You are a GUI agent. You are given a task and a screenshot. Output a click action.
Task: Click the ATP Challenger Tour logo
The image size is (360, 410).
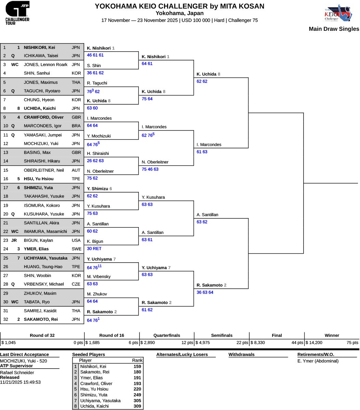click(17, 13)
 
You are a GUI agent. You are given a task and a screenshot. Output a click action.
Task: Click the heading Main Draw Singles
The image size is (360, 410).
click(334, 29)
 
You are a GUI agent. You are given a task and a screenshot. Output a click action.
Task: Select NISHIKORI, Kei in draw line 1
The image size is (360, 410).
click(39, 47)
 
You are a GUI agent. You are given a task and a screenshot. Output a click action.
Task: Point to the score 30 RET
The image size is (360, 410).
click(94, 249)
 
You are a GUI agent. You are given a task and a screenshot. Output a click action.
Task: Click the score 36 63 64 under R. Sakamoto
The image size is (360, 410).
click(205, 292)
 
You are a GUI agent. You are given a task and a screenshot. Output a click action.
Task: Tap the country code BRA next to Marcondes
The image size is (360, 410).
click(76, 126)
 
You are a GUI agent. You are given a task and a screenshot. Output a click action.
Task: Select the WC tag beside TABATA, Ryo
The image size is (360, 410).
click(15, 302)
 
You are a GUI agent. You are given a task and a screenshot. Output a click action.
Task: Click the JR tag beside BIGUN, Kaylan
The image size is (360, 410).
click(14, 240)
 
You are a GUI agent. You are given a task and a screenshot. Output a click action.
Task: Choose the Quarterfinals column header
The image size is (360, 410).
click(167, 335)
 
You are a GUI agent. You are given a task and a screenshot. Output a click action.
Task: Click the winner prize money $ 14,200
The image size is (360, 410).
click(314, 343)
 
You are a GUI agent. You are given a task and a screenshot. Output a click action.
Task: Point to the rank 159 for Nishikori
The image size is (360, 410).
click(137, 366)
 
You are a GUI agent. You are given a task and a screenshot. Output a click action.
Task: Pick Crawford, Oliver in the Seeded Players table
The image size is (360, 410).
click(96, 384)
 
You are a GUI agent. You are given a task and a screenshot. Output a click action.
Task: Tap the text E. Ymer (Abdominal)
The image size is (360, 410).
click(318, 361)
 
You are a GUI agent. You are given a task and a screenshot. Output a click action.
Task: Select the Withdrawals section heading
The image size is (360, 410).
click(241, 355)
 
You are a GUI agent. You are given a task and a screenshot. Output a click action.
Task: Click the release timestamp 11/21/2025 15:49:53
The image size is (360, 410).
click(21, 382)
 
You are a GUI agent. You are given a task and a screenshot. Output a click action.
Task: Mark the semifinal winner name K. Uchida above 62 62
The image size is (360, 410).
click(206, 74)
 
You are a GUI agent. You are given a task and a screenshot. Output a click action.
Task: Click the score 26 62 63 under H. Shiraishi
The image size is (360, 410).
click(95, 161)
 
